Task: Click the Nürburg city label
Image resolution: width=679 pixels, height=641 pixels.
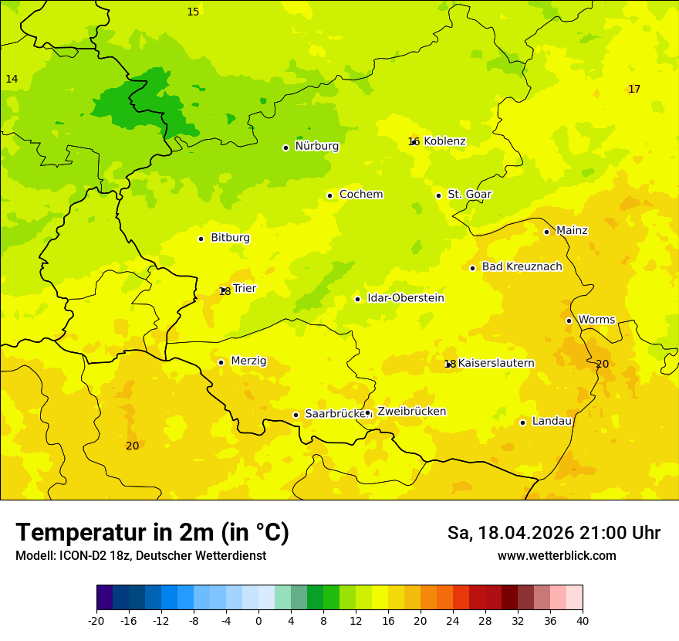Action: [316, 146]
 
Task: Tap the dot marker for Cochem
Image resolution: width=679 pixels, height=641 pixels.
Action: [329, 195]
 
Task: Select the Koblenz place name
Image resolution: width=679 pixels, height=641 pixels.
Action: [444, 141]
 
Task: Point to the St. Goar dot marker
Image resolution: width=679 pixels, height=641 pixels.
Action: [438, 195]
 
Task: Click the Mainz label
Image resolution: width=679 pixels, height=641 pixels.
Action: [572, 230]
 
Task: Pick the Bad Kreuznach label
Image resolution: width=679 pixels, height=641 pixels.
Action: [522, 266]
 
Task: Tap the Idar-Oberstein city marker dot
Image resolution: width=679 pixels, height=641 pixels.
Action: [357, 299]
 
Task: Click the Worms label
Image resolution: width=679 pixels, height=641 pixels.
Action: [596, 320]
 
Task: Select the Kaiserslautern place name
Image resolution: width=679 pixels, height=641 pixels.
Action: [496, 363]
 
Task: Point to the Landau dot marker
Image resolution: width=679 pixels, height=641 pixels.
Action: [522, 422]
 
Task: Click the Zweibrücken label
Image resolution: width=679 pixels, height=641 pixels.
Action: [411, 412]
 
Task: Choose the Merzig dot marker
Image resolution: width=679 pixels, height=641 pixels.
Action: [221, 362]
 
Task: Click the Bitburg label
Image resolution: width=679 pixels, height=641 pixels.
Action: [230, 238]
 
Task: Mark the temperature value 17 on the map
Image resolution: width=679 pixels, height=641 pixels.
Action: [634, 90]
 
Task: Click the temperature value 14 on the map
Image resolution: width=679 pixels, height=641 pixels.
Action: [12, 80]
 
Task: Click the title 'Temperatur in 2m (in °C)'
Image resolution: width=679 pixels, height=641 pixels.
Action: [152, 533]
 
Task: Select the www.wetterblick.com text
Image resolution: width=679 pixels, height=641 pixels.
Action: [556, 556]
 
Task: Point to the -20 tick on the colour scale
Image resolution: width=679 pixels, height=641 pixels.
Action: [96, 620]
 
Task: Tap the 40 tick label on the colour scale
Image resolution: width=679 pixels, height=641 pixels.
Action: [583, 620]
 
